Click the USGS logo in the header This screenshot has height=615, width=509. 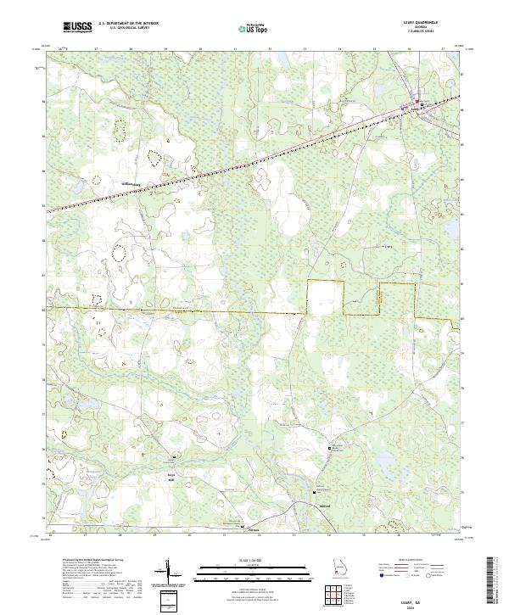tap(77, 28)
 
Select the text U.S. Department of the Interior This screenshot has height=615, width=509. tap(128, 25)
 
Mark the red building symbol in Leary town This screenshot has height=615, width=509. tap(417, 105)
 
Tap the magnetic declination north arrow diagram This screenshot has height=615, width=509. tap(169, 576)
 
